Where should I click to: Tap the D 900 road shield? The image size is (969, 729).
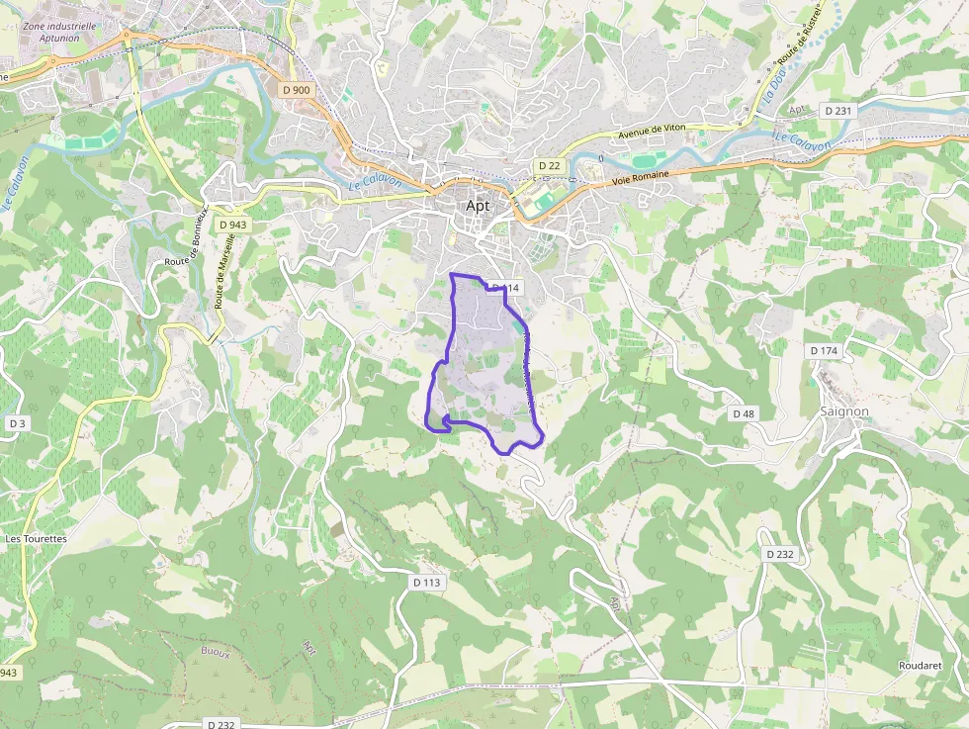[296, 90]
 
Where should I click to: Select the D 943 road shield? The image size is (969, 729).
[232, 225]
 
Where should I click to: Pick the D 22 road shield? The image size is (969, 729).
[549, 165]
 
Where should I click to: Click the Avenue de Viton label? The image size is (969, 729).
[651, 132]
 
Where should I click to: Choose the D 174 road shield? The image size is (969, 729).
[824, 350]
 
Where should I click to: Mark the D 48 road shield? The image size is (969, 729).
[744, 411]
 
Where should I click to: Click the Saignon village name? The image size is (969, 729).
[844, 410]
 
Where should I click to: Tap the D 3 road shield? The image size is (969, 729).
[16, 422]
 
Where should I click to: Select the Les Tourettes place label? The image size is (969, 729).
[37, 539]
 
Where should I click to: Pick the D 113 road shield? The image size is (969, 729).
[426, 583]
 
